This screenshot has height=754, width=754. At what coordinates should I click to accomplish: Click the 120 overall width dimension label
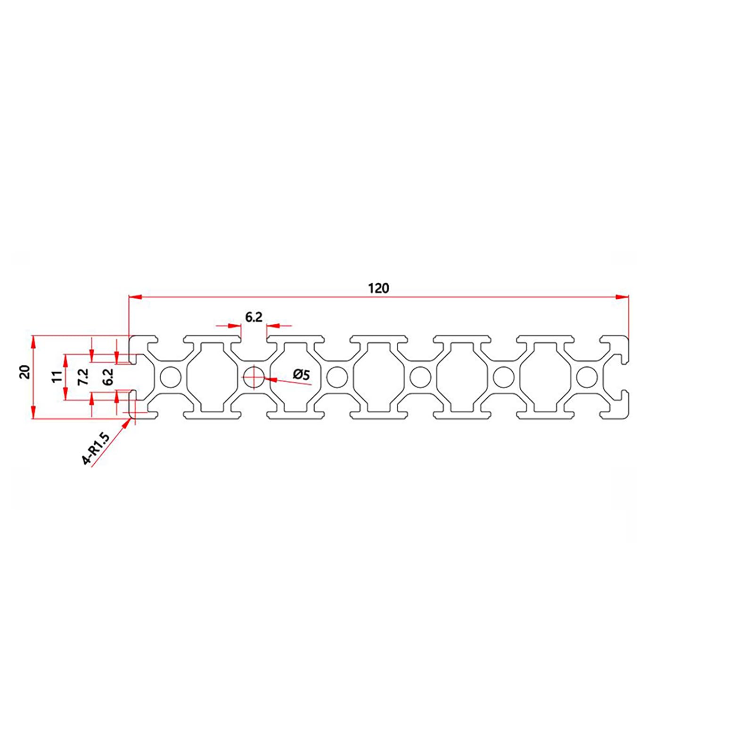point(378,288)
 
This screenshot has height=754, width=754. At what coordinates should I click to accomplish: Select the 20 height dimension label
point(25,372)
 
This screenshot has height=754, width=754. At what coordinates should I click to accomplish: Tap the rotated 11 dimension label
point(57,377)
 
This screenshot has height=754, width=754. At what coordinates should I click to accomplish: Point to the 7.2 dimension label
point(83,377)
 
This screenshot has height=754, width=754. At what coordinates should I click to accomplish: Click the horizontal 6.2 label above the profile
point(254,318)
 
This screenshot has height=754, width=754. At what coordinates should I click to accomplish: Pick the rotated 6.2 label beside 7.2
point(108,377)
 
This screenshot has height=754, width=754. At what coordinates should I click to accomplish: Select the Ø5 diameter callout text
point(302,375)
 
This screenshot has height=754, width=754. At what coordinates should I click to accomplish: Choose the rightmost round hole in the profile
point(587,377)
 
